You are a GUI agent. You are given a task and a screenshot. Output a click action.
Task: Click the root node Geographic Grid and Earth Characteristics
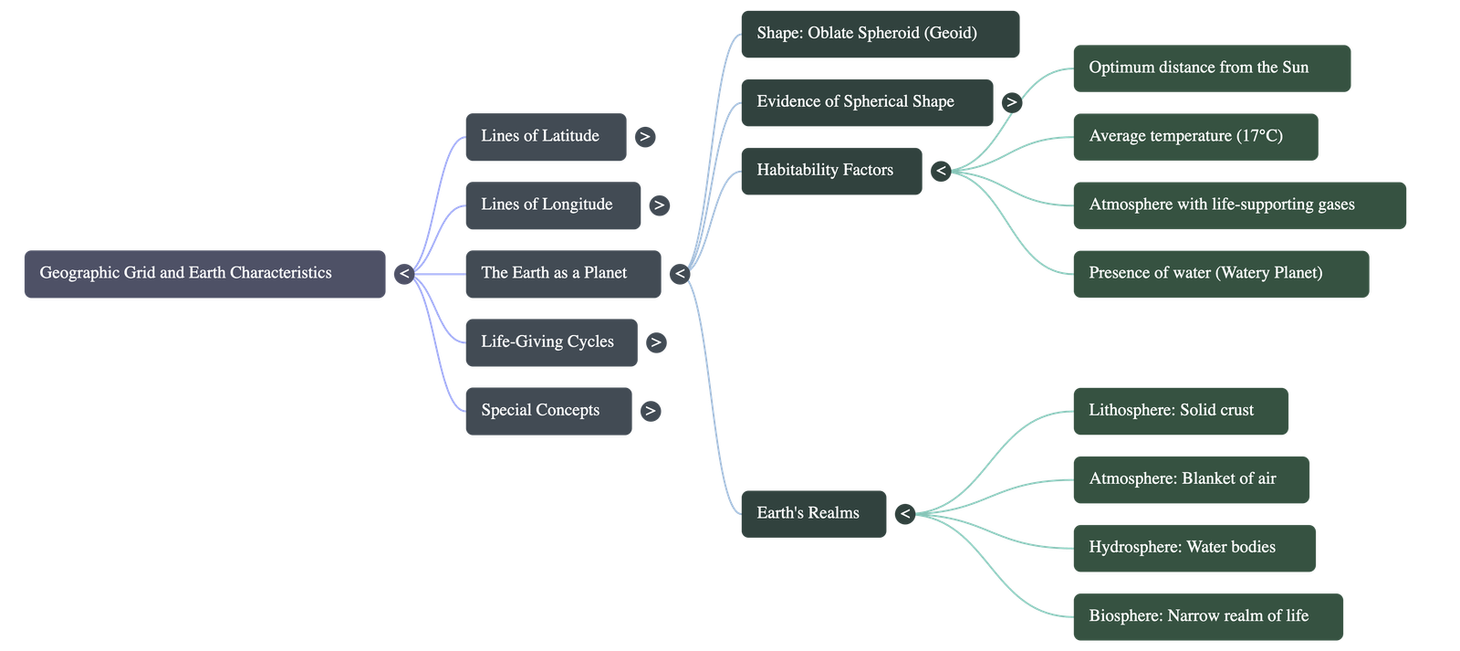coord(204,273)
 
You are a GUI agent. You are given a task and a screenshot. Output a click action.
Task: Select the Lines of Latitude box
coord(546,137)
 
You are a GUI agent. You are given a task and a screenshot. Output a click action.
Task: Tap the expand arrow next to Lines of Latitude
coord(645,137)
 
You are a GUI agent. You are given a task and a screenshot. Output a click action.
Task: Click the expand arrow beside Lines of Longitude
coord(659,205)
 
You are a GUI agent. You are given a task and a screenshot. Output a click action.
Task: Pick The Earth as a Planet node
coord(562,273)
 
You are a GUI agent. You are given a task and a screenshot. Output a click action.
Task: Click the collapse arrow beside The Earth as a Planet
coord(679,273)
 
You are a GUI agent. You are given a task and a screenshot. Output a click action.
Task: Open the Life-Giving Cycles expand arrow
coord(655,342)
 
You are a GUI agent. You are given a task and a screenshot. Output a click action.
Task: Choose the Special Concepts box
coord(547,411)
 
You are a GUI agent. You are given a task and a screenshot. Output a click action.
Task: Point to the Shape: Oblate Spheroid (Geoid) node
coord(880,34)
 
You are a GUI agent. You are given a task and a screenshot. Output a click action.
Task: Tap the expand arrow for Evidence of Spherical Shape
coord(1010,102)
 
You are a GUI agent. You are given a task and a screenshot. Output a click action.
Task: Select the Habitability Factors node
coord(830,171)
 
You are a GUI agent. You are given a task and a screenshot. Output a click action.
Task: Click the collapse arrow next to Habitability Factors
coord(941,171)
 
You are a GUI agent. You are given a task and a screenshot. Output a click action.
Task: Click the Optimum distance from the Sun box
coord(1211,68)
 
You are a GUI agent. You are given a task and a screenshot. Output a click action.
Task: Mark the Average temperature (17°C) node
coord(1194,136)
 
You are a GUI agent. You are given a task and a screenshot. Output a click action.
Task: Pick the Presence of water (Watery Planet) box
coord(1220,273)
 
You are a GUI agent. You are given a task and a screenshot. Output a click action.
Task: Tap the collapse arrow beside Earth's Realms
coord(904,514)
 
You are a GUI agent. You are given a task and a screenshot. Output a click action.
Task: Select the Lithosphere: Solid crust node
coord(1180,411)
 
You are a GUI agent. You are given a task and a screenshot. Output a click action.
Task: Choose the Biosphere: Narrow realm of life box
coord(1207,616)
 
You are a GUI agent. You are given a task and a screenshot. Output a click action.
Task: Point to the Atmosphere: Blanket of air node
coord(1190,479)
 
